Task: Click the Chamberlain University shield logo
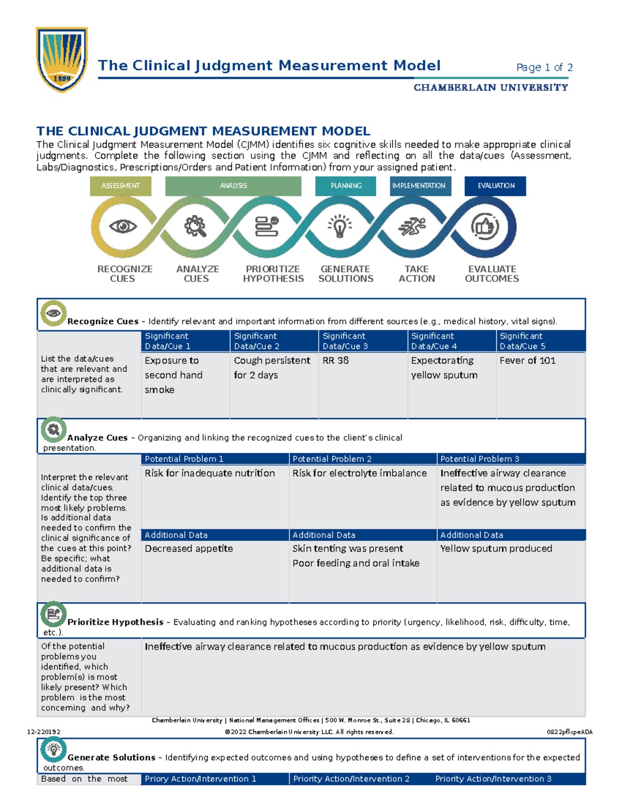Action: tap(62, 60)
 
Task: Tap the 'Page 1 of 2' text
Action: tap(544, 67)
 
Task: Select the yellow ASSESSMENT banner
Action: tap(120, 186)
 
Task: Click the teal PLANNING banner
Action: tap(346, 186)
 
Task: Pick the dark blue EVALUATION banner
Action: tap(496, 186)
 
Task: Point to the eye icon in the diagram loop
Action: tap(123, 226)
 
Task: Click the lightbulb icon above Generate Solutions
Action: tap(340, 227)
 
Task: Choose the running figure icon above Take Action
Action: tap(412, 227)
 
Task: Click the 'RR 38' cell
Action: tap(336, 360)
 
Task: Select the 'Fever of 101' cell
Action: tap(527, 360)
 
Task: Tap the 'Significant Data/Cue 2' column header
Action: tap(257, 341)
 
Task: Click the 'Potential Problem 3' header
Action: tap(479, 459)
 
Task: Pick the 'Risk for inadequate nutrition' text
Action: tap(210, 473)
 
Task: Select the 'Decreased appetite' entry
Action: tap(189, 548)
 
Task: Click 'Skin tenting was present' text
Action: tap(348, 548)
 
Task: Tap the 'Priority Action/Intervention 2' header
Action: tap(351, 779)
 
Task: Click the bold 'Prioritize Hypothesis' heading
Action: tap(115, 622)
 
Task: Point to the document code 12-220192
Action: tap(44, 732)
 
